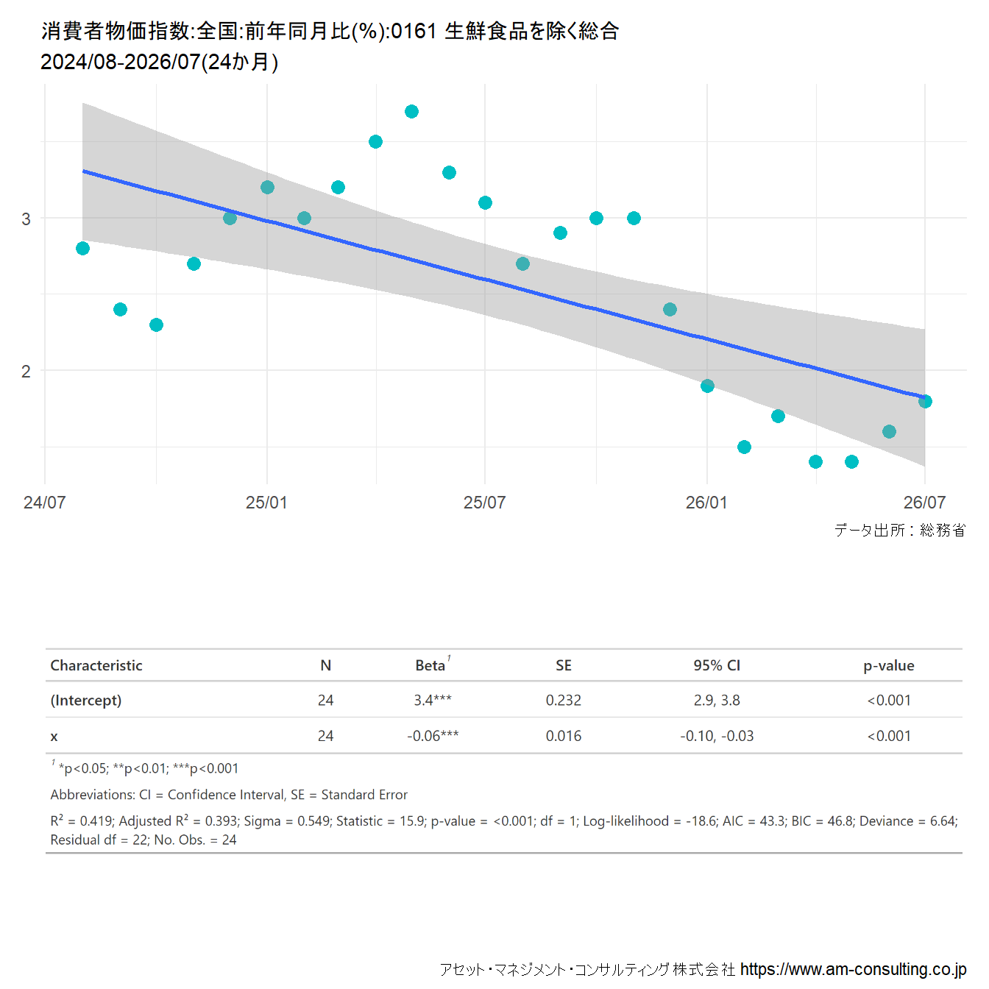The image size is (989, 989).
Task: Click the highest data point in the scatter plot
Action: (x=411, y=111)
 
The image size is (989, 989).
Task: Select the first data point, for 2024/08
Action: (x=82, y=249)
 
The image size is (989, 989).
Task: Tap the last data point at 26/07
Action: (x=925, y=401)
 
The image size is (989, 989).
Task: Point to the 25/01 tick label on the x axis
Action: (x=266, y=502)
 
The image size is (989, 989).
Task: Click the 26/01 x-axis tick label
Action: (x=706, y=502)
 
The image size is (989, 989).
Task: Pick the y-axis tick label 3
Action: (x=26, y=219)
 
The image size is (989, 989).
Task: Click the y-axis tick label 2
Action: (x=26, y=371)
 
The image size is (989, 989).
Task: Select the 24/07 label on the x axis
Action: (x=45, y=502)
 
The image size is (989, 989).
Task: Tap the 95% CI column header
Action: (x=717, y=665)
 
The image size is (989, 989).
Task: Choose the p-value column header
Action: (x=889, y=666)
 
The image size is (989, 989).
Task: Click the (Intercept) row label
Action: (x=86, y=701)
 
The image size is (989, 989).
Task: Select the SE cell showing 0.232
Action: (x=564, y=700)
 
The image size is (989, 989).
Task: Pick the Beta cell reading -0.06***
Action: (x=433, y=736)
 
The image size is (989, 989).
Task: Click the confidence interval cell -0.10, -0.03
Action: (x=717, y=736)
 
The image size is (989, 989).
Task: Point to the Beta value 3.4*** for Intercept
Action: (x=433, y=700)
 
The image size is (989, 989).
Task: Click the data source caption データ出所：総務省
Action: (x=900, y=530)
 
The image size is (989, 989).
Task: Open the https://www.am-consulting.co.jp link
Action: (x=853, y=969)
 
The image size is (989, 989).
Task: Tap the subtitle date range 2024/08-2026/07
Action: (x=120, y=62)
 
